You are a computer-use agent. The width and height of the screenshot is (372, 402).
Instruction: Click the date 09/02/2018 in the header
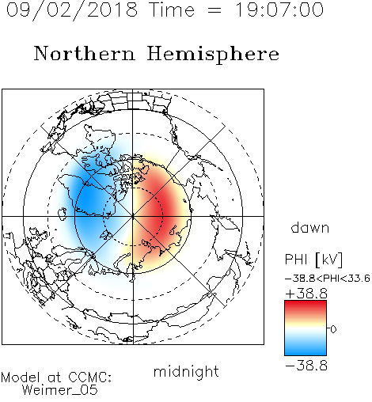point(72,10)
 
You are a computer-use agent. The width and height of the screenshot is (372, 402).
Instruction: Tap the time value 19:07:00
point(279,9)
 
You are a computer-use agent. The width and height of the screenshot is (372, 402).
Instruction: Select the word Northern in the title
point(85,53)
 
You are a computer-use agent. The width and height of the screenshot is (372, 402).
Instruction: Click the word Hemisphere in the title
point(213,54)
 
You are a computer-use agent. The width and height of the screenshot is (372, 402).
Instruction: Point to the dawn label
point(310,227)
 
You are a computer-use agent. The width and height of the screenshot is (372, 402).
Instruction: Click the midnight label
point(186,371)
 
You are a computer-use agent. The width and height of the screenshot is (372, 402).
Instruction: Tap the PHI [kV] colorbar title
point(313,260)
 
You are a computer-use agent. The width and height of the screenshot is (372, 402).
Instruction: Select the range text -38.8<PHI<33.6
point(328,279)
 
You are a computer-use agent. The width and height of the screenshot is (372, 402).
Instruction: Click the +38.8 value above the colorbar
point(306,294)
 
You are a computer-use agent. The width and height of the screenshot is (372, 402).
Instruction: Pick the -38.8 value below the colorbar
point(306,366)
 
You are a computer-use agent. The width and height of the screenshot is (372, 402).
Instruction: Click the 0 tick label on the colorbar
point(333,329)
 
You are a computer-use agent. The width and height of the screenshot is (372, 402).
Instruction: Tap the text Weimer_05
point(60,390)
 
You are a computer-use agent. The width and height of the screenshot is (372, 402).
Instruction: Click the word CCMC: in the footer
point(90,377)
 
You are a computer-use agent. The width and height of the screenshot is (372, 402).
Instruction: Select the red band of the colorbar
point(306,306)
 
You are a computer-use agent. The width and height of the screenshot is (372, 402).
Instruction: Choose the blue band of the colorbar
point(306,349)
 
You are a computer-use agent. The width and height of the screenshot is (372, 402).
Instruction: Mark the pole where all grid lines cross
point(133,216)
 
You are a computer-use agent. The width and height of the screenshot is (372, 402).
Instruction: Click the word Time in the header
point(172,9)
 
